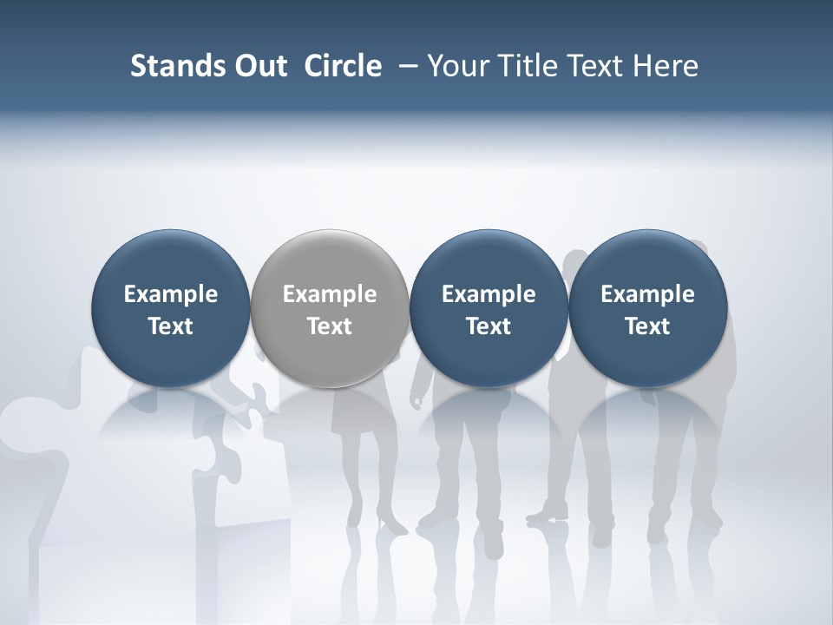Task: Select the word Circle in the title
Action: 343,66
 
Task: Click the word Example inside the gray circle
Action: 330,294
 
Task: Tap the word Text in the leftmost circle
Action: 170,326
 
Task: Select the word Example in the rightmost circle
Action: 647,294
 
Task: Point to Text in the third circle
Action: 489,326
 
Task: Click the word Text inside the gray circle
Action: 330,326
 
